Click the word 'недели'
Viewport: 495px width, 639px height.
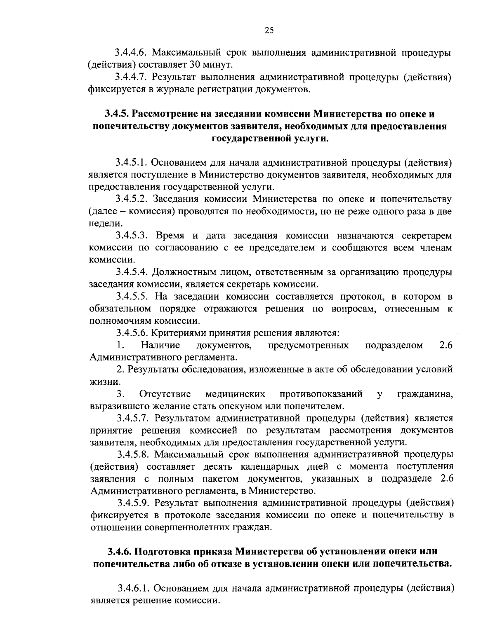click(105, 223)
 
